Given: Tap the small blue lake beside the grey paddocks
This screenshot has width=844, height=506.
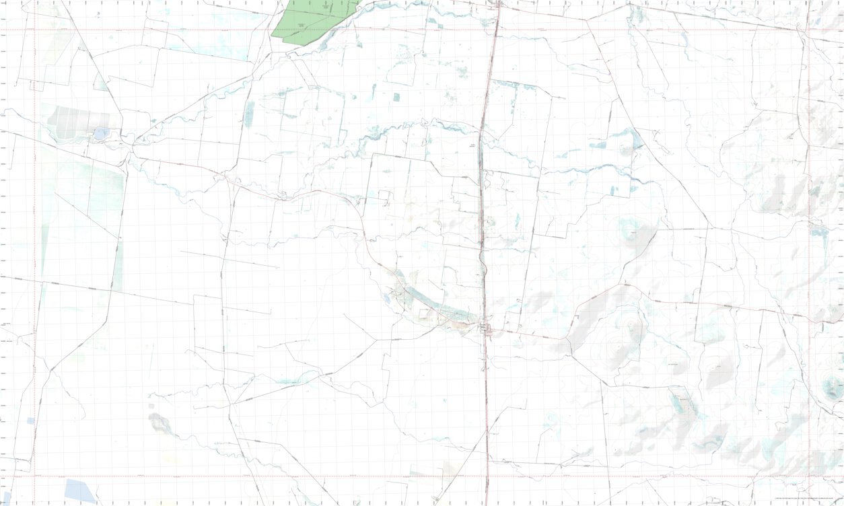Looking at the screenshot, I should coord(100,134).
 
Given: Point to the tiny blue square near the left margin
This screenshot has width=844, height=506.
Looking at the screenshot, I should coord(30,421).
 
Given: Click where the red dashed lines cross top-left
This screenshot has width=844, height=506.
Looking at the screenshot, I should coord(34,30).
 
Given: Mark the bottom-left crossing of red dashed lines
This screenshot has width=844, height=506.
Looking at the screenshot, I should coord(34,476).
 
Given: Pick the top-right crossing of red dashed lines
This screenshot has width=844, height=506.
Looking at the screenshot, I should coord(808,30).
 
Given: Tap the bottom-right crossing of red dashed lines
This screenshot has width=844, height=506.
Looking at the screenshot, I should coord(808,476).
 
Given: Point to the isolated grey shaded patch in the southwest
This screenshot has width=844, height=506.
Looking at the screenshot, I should coord(160,423).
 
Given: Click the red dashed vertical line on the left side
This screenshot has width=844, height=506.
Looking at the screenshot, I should coord(34,256).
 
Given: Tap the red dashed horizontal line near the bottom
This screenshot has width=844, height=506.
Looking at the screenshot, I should coord(269,476).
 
